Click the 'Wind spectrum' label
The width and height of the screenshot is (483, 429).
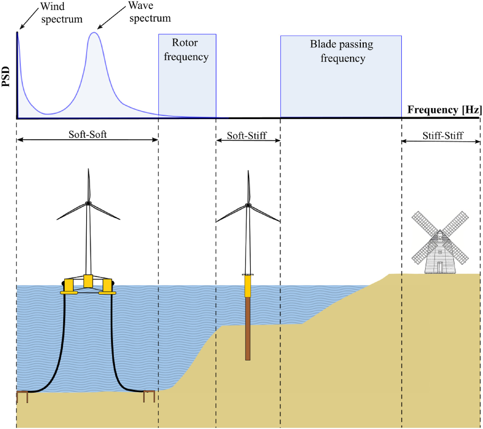61,13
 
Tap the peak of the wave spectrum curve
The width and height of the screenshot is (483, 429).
94,33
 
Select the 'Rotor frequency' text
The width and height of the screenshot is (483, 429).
186,50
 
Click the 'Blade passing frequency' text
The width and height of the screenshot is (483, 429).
342,51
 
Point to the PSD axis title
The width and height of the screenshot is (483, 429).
6,77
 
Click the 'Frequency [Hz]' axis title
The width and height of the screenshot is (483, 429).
444,110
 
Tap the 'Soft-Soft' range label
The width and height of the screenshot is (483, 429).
88,134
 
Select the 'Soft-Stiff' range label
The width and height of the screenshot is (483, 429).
247,136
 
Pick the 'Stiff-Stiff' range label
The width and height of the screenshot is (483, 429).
443,136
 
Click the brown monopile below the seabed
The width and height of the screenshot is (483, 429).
248,329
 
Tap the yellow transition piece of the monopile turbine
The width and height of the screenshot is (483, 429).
248,286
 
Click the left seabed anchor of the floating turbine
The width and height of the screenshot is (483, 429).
22,396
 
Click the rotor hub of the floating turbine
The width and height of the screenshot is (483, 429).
88,203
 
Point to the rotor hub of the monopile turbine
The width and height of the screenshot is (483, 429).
248,205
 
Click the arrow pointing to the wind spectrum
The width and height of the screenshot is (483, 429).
29,19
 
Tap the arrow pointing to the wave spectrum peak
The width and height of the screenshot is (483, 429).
111,17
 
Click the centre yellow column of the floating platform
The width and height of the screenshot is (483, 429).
88,281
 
